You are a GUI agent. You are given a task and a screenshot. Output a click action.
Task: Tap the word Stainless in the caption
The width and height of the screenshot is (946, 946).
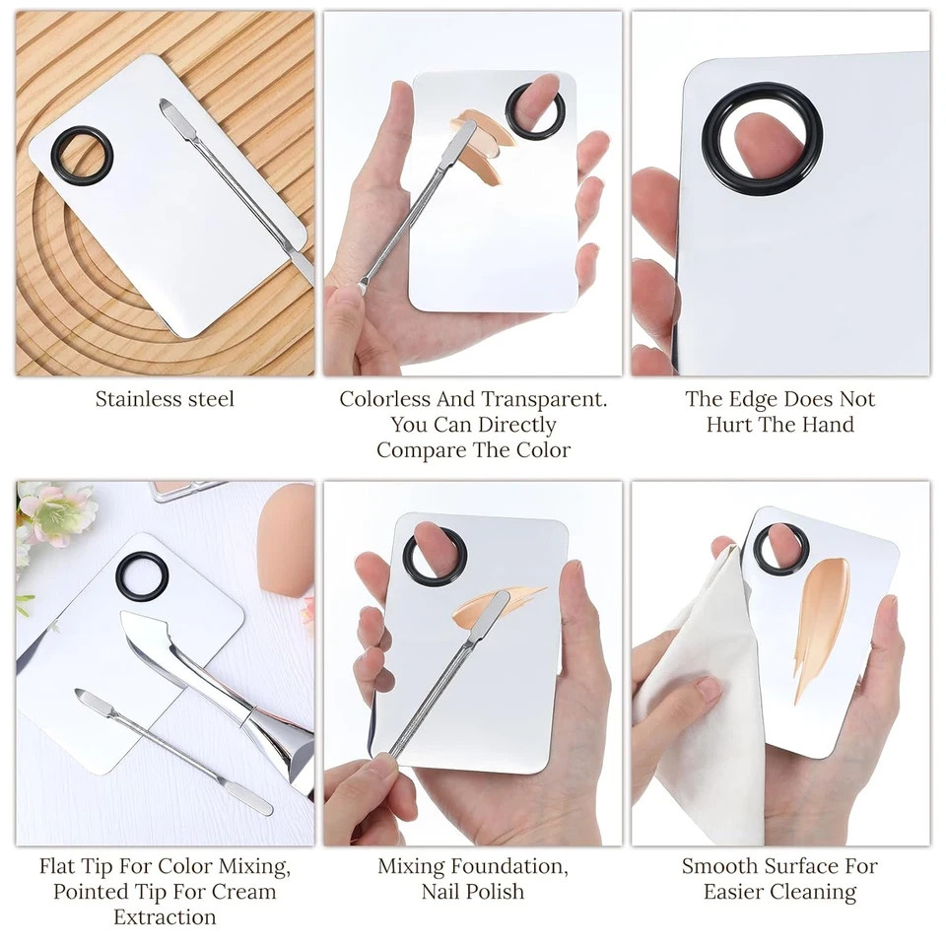pyautogui.click(x=139, y=399)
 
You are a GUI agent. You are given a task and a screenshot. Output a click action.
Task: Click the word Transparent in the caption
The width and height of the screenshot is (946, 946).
pyautogui.click(x=544, y=399)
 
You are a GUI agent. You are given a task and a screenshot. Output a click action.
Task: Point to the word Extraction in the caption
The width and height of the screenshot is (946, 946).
pyautogui.click(x=165, y=917)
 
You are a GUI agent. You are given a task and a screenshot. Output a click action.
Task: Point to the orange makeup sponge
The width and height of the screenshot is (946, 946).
pyautogui.click(x=286, y=540)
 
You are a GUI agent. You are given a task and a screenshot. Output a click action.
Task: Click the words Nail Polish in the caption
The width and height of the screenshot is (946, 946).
pyautogui.click(x=473, y=892)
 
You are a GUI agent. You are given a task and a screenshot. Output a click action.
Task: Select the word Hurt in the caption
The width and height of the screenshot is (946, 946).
pyautogui.click(x=729, y=425)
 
